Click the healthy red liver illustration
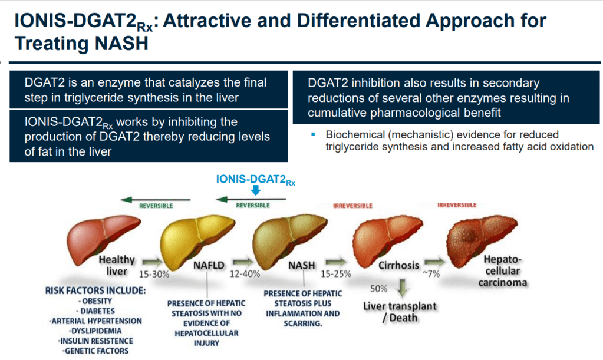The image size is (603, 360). coord(110,236)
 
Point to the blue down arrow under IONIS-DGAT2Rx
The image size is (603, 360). coord(255,191)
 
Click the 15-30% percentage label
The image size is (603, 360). coord(154,274)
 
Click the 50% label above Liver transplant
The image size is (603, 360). coord(378,289)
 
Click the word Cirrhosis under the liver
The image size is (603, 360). coord(398,265)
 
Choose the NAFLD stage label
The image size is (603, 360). coord(209,265)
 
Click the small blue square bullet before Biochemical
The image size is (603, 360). coord(314,135)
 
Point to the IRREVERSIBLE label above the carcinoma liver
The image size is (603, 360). coord(457,205)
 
